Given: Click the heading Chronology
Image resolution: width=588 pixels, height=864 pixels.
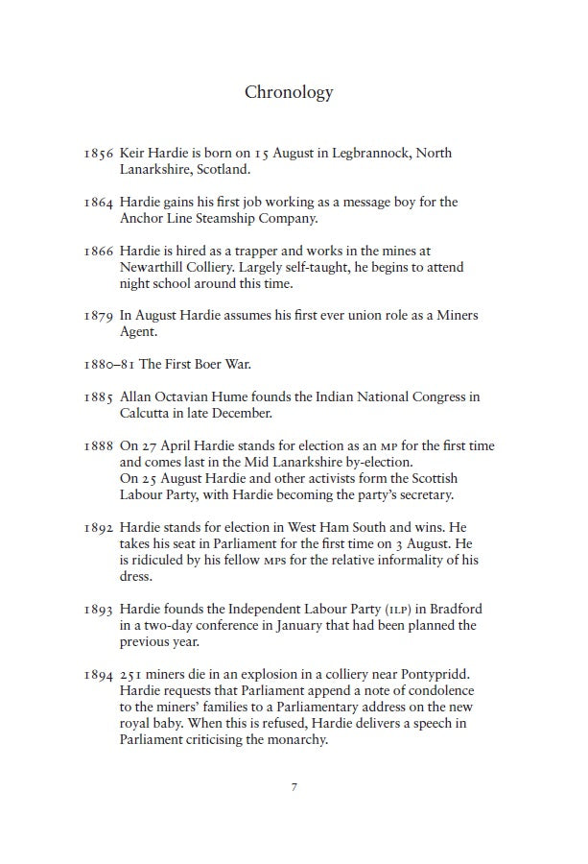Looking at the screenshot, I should coord(289,93).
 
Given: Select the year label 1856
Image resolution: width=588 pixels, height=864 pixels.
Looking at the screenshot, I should coord(99,154).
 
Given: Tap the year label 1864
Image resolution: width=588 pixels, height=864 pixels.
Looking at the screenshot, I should coord(99,203).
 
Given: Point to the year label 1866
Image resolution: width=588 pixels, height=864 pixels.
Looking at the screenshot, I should coord(99,252).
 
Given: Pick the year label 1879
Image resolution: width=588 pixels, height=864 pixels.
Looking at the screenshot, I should coord(99,316).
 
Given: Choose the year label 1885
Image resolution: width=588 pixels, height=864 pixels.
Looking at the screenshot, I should coord(99,397).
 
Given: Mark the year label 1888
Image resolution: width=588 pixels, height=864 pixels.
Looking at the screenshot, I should coord(99,446).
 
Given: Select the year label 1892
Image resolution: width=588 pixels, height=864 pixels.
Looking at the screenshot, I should coord(99,528).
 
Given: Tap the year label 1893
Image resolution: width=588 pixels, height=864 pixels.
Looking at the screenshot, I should coord(99,610).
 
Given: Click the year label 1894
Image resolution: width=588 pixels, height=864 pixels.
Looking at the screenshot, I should coord(99,675).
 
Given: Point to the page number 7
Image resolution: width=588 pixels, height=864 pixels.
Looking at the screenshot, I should coord(294,787).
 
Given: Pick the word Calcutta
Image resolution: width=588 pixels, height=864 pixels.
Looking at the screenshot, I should coord(147,414).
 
